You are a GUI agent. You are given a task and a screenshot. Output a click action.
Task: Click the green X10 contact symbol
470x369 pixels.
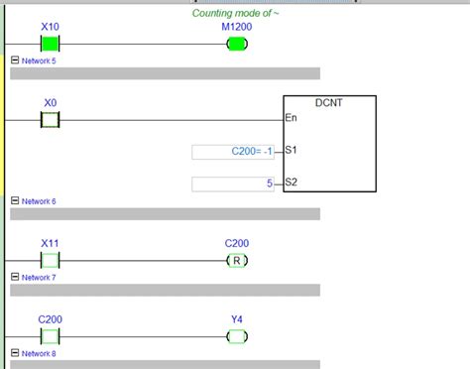[x=51, y=43]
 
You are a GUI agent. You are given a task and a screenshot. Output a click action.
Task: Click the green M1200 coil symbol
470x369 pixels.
[x=237, y=43]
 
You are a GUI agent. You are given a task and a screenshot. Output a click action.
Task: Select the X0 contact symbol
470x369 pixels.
[x=51, y=119]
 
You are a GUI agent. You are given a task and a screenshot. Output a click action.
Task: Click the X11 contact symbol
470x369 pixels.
[x=51, y=260]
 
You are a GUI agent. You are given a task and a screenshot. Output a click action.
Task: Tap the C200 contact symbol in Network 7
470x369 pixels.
[x=51, y=336]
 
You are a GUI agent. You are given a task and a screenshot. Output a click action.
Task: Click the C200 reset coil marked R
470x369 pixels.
[x=237, y=260]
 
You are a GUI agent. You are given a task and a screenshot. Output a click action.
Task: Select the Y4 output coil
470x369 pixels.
[x=237, y=336]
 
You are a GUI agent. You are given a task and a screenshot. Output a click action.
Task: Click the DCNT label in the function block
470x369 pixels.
[x=329, y=103]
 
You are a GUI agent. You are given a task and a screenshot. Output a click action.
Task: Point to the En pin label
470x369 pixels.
[x=291, y=118]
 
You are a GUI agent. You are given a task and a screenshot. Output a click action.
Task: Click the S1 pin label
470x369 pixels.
[x=291, y=151]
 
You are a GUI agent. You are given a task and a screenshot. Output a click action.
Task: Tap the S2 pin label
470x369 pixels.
[x=291, y=183]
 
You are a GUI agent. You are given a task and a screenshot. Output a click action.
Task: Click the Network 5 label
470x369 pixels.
[x=39, y=61]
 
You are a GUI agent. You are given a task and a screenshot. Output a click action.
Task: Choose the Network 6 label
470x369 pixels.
[x=39, y=201]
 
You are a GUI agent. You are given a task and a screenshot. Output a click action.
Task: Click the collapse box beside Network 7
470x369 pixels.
[x=14, y=278]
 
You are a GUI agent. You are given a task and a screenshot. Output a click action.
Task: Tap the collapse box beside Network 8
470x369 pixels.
[x=14, y=353]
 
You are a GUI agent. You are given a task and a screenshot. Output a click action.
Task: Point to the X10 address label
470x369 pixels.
[x=51, y=26]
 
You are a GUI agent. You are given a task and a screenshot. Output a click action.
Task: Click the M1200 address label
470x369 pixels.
[x=237, y=27]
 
